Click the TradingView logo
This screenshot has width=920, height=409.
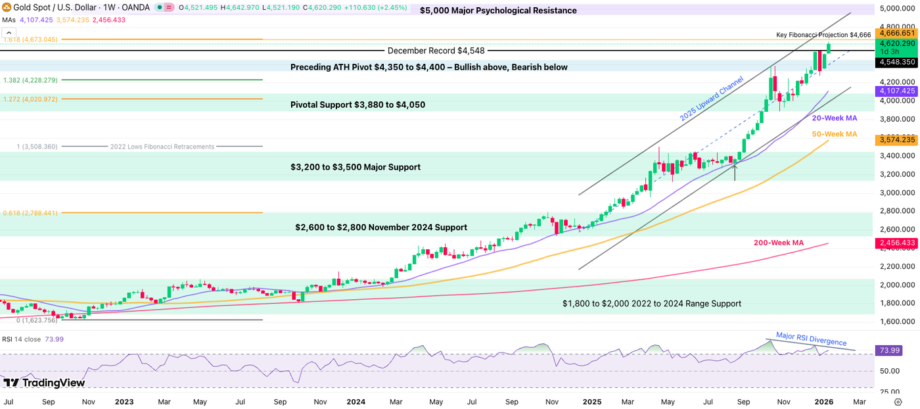(44, 383)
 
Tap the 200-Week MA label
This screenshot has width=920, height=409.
(778, 243)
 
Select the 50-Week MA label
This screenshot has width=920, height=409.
(834, 134)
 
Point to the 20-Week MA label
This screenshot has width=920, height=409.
(834, 118)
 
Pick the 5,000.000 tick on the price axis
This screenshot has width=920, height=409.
(896, 9)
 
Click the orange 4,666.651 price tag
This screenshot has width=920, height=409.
(896, 32)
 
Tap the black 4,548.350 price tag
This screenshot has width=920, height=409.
(896, 62)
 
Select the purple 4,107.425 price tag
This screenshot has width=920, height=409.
(896, 91)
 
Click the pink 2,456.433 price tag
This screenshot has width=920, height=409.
(896, 243)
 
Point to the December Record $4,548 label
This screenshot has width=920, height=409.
(436, 51)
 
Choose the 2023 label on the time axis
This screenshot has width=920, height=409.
(124, 401)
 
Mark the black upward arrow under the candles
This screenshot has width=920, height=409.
(735, 172)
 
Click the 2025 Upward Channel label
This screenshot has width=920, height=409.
(712, 99)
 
